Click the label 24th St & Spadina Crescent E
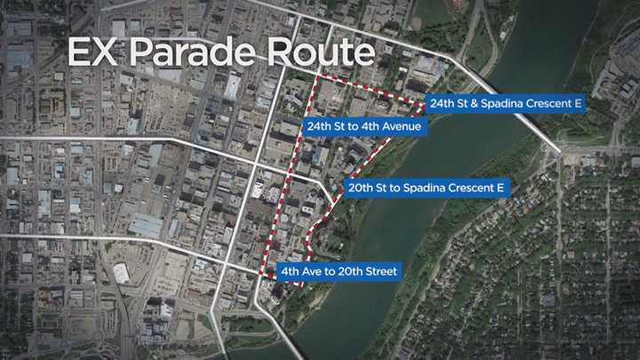[x=505, y=104]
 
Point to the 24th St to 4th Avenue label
[x=364, y=127]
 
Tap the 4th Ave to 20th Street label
[x=338, y=271]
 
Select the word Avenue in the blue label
[x=403, y=127]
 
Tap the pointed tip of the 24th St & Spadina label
[x=424, y=104]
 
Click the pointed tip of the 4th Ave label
[x=274, y=271]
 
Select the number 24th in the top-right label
[x=444, y=104]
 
